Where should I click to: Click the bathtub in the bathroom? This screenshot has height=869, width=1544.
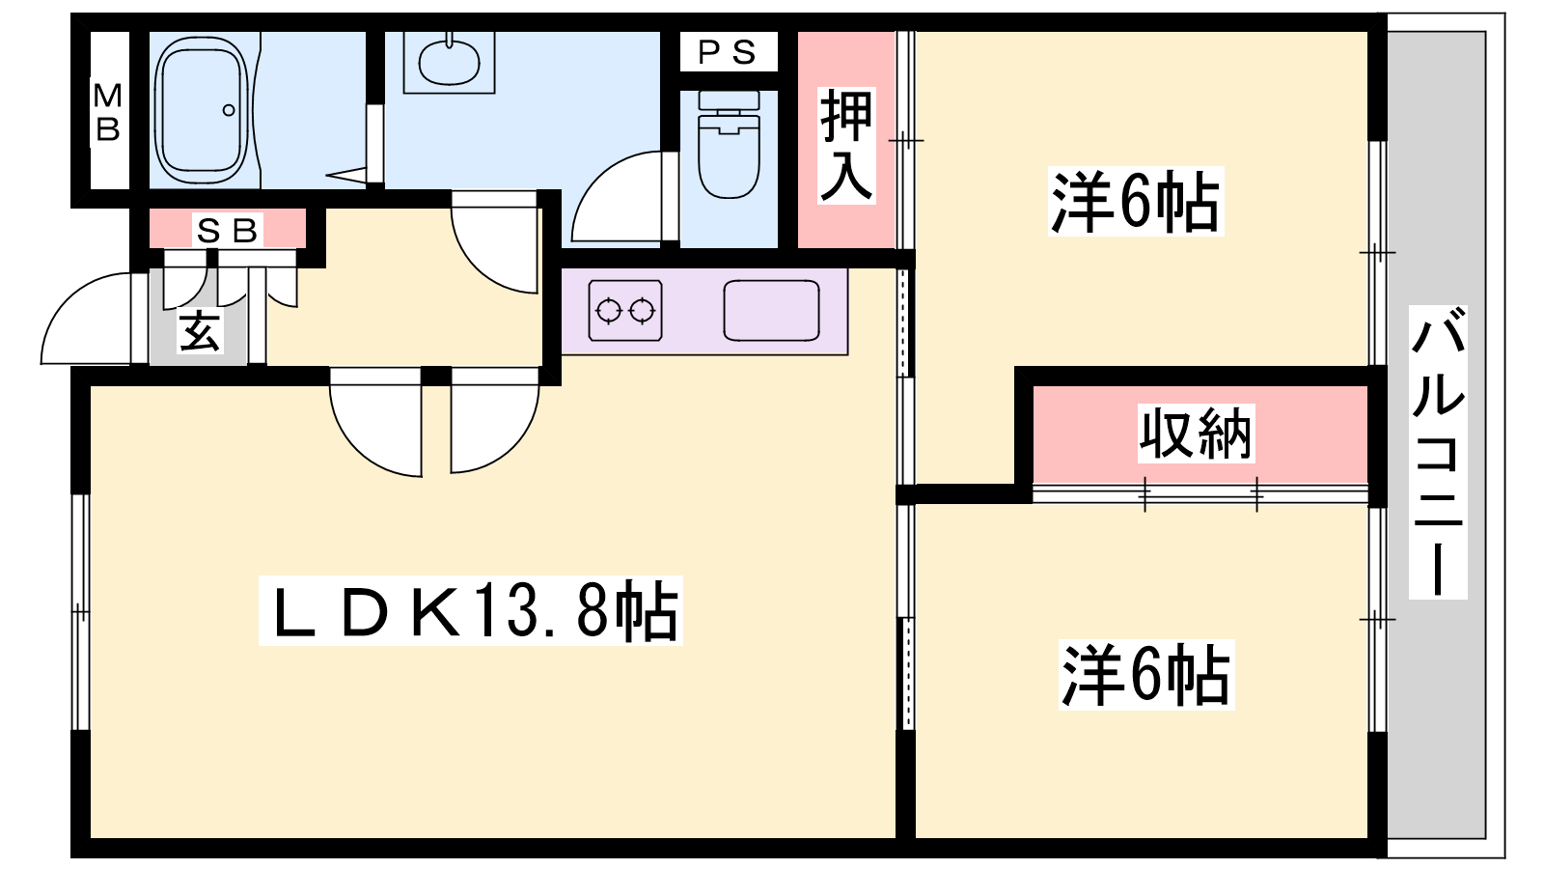(x=202, y=110)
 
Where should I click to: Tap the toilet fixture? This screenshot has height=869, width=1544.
(x=729, y=144)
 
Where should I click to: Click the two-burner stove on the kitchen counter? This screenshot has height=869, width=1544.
(x=625, y=310)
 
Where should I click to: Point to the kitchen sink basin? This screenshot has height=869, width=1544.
(x=771, y=310)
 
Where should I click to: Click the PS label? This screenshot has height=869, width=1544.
(x=728, y=52)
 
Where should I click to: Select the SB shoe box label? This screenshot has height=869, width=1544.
(x=228, y=231)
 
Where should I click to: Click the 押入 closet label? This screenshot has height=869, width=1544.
(x=846, y=146)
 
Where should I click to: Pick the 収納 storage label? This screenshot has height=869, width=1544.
(x=1196, y=434)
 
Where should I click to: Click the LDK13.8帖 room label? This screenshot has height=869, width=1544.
(x=471, y=611)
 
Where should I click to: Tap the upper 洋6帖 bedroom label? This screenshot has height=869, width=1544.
(x=1135, y=202)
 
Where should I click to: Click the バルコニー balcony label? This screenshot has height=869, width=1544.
(x=1437, y=452)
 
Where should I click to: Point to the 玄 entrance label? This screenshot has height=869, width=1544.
(x=199, y=331)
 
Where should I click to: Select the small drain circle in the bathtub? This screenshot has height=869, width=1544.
(x=229, y=110)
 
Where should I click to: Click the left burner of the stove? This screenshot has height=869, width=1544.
(x=609, y=311)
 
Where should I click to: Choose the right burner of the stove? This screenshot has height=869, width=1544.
(x=643, y=311)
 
